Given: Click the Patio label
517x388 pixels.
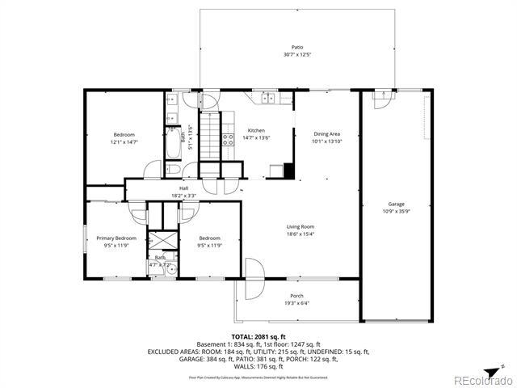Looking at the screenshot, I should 298,48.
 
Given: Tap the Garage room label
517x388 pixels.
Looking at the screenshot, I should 396,205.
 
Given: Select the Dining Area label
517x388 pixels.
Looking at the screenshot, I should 327,133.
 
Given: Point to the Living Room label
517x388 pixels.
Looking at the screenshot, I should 301,227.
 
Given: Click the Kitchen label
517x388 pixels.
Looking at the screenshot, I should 256,131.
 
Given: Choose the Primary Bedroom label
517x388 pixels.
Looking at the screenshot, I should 116,238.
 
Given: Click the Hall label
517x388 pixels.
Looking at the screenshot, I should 184,188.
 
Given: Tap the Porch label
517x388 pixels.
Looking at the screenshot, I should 297,295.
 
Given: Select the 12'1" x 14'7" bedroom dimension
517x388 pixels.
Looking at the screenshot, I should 124,141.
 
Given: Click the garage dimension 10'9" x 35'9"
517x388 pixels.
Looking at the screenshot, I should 396,212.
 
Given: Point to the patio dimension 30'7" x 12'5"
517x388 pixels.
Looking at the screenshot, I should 298,55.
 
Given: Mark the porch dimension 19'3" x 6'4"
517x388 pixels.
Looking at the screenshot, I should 297,302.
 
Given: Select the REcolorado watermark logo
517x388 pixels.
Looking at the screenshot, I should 481,378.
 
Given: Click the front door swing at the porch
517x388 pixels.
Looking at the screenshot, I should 254,269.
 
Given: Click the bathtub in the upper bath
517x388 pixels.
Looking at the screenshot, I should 172,145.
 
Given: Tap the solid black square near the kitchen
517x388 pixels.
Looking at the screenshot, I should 288,171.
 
